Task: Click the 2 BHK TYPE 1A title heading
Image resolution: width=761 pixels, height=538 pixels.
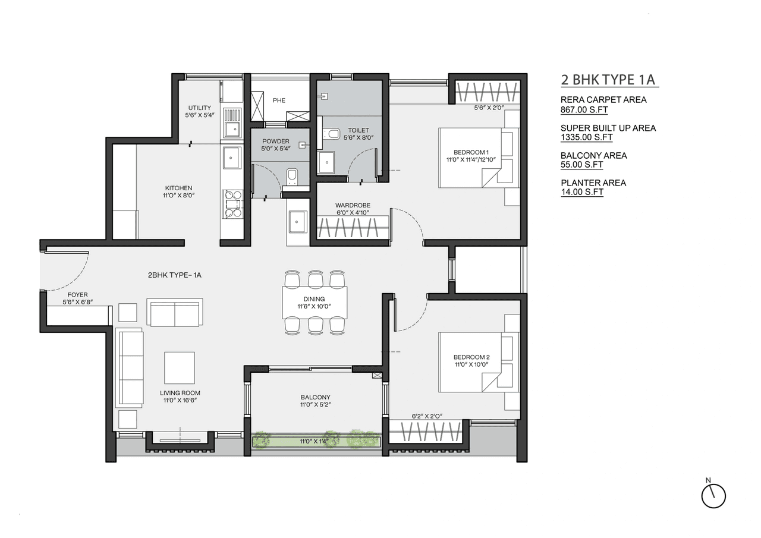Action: pos(609,80)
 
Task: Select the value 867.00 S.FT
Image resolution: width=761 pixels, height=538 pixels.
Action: pos(584,109)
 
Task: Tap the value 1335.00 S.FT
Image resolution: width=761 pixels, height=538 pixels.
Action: pos(586,137)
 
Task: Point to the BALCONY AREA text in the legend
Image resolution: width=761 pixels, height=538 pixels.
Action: pos(593,155)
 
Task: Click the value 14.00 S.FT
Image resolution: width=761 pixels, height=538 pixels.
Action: pos(581,192)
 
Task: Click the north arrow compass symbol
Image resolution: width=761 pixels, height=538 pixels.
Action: pos(713,495)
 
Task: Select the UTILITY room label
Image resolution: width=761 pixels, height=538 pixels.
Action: pos(199,108)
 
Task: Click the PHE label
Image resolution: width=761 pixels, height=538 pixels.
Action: pos(279,100)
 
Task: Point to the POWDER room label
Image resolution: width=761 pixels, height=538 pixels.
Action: pos(275,141)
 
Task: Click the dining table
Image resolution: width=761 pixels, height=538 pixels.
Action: pos(315,303)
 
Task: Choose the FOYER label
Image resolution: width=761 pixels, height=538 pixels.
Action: pos(77,294)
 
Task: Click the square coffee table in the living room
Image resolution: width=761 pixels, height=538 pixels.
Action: pos(180,367)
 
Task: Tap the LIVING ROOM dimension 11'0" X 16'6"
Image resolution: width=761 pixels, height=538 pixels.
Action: pos(180,401)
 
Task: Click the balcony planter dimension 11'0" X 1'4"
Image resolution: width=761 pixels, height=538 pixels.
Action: pos(315,441)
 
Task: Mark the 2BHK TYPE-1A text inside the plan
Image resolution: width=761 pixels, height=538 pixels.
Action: pos(175,275)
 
